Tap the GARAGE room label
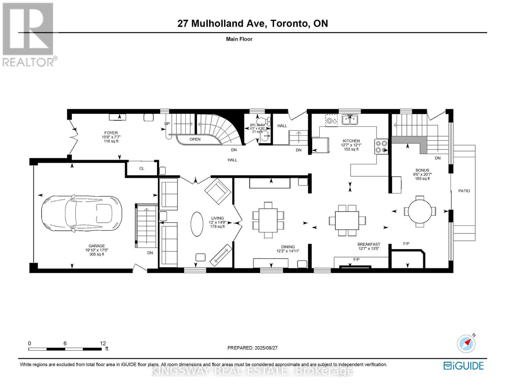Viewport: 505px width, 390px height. point(97,246)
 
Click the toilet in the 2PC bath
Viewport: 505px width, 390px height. point(268,122)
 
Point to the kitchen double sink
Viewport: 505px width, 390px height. point(350,120)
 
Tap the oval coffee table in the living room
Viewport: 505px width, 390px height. point(196,224)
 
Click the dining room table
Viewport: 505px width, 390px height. point(268,220)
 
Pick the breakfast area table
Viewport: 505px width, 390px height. point(347,220)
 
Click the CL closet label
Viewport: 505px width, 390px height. point(141,168)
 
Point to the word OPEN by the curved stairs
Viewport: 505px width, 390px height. point(195,139)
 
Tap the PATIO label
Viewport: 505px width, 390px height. point(464,191)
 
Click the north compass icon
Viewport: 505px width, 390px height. point(466,344)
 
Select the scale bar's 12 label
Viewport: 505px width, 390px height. point(103,343)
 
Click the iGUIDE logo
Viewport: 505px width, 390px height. point(463,366)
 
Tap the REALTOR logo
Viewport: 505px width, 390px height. point(29,34)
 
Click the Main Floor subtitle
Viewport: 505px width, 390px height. point(239,39)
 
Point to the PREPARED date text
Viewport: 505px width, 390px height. point(252,348)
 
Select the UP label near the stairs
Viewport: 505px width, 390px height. point(167,124)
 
